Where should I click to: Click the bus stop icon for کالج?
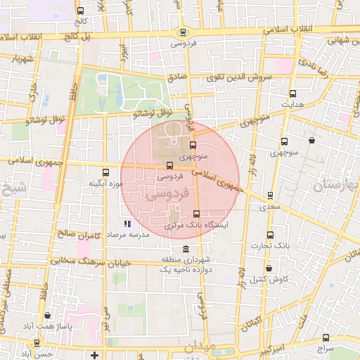coord(80,11)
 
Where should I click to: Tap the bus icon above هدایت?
coord(292,94)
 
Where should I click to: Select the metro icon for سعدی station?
coord(270,195)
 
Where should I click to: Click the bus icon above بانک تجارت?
coord(270,235)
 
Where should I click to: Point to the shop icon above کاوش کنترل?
coord(267,268)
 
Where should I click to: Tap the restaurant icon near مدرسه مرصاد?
coord(127,224)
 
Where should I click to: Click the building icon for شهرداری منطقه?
coord(185,250)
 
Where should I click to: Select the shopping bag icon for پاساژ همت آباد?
coord(47,316)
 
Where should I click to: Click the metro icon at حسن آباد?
coord(37,343)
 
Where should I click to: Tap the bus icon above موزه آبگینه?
coord(106,172)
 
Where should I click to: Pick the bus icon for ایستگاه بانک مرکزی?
coord(196,214)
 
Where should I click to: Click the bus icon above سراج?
coord(326,337)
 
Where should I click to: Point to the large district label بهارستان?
coord(336,186)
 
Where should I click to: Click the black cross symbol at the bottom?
coord(94,354)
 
